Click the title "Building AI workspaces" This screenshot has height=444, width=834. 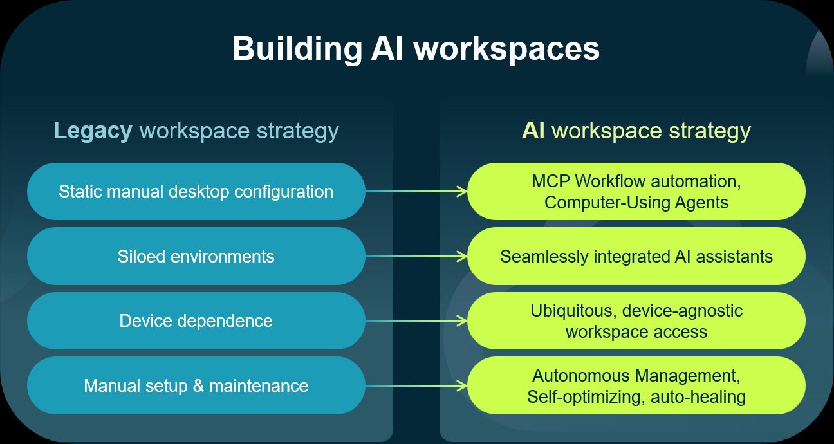[416, 49]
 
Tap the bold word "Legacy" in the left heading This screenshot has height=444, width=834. [93, 131]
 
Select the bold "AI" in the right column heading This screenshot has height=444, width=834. [533, 131]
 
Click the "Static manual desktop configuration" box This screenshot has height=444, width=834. [196, 191]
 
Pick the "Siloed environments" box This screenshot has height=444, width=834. [196, 256]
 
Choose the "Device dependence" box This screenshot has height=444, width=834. [196, 321]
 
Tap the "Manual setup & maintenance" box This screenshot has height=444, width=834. [196, 385]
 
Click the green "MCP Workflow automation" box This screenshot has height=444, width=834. [636, 191]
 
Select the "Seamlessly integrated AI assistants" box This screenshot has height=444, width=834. [636, 256]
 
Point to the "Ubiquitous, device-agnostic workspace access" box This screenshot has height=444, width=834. [636, 321]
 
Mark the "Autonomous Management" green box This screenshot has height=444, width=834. [636, 385]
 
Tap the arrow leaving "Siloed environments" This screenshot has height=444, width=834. [416, 256]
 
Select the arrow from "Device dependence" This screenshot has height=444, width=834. [416, 321]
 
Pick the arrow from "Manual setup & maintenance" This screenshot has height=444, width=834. [416, 385]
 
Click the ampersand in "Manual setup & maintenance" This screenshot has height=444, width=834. [198, 385]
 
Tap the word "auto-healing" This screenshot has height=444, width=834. [698, 397]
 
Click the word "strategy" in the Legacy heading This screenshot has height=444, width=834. [298, 132]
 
